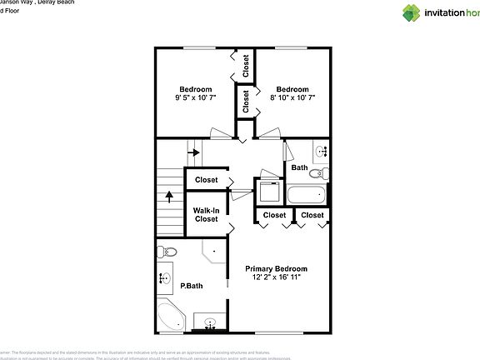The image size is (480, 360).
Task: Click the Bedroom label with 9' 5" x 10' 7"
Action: tap(196, 89)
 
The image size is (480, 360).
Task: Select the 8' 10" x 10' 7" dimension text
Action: tap(292, 98)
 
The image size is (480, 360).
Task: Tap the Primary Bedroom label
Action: tap(276, 268)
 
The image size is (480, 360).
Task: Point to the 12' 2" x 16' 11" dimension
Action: tap(276, 277)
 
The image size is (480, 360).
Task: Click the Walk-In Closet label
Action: tap(207, 214)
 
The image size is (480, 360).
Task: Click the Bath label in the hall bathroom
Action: tap(299, 167)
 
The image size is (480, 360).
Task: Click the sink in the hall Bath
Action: tap(322, 152)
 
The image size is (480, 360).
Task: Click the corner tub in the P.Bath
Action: tap(172, 317)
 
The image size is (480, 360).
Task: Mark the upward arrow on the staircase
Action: tap(170, 197)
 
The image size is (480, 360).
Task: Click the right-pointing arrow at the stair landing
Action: tap(193, 152)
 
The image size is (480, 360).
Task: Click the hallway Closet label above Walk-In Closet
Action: tap(206, 180)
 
